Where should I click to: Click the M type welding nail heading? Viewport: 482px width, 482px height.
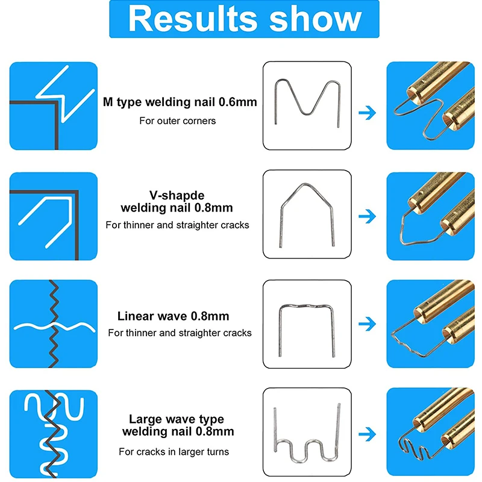[180, 102]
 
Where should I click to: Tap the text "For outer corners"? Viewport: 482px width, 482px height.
[178, 120]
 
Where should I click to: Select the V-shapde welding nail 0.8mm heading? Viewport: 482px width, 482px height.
[177, 202]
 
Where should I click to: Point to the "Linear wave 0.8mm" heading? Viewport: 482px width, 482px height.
[174, 316]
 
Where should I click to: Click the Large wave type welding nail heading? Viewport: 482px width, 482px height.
[177, 425]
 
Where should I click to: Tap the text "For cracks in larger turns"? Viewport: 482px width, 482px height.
[174, 451]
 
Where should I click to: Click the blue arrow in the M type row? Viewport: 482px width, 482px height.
[366, 112]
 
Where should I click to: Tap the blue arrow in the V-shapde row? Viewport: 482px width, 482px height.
[366, 216]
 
